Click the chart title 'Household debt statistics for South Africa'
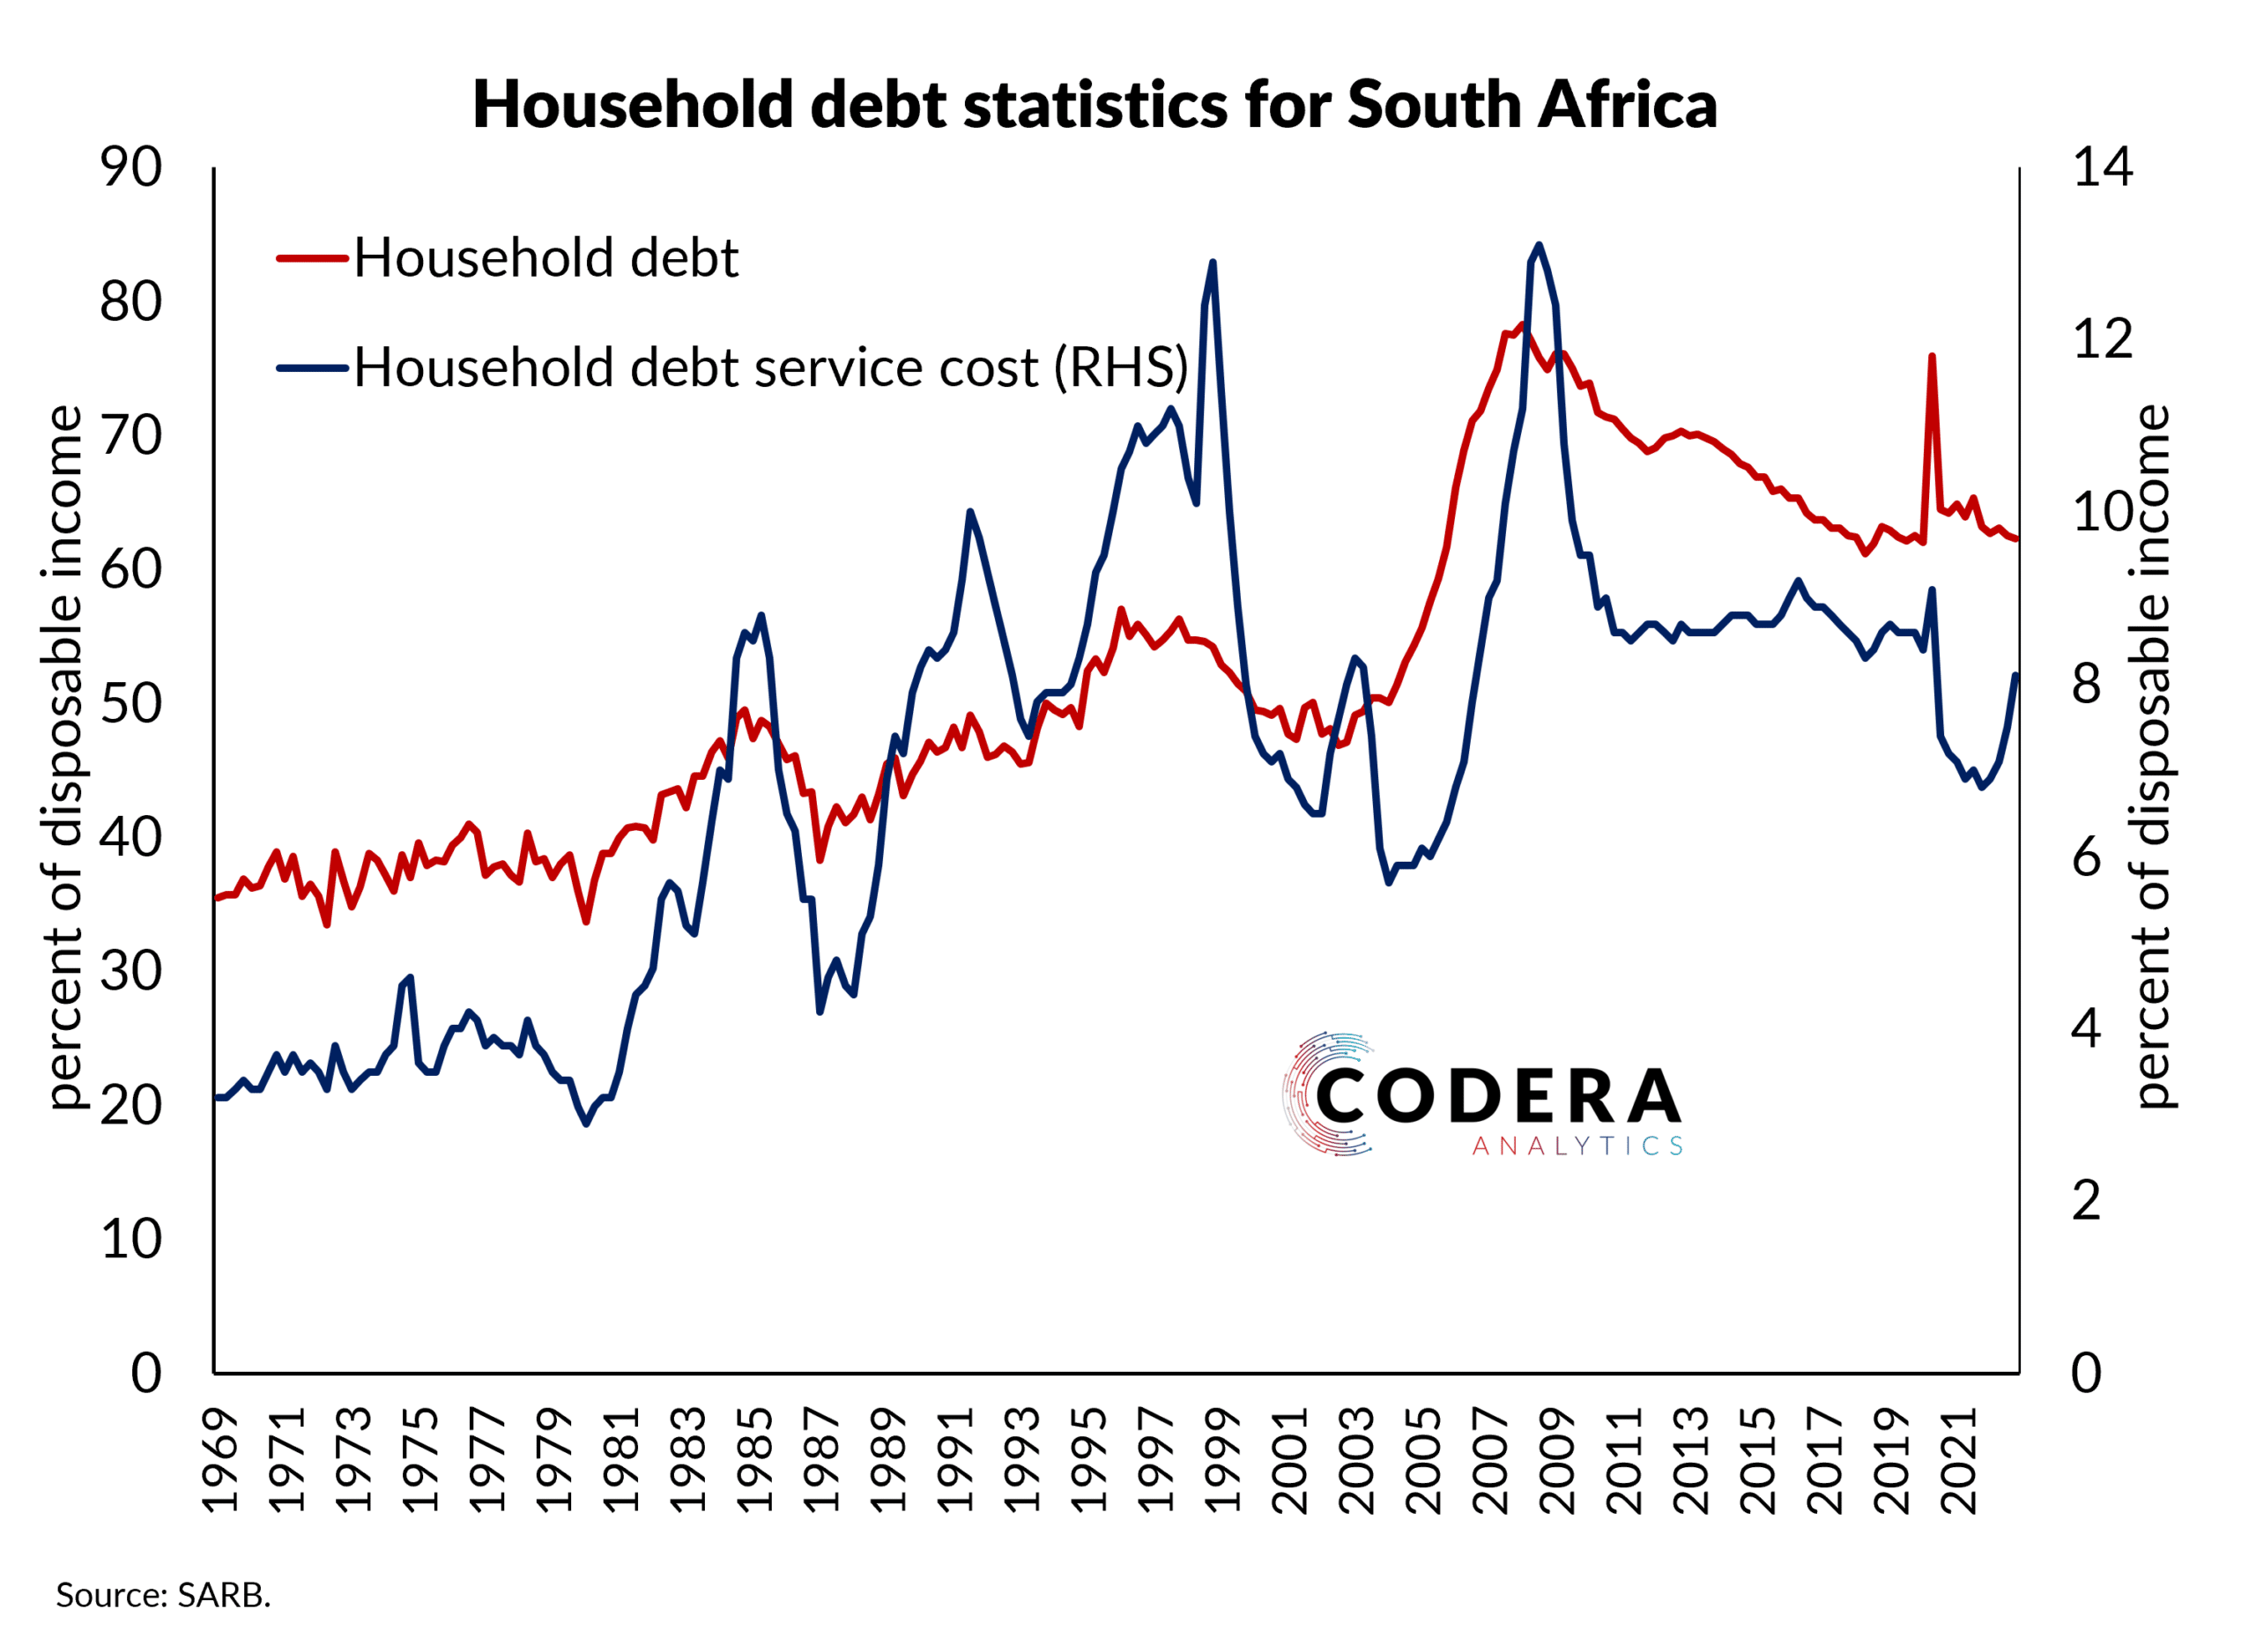point(1095,105)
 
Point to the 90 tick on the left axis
point(130,167)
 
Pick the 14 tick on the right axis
point(2102,167)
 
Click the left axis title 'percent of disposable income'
point(64,757)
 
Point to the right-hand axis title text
point(2152,757)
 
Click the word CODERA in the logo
point(1499,1096)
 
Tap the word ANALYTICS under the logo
point(1577,1146)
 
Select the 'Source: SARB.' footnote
point(163,1595)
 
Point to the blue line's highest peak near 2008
point(1539,245)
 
